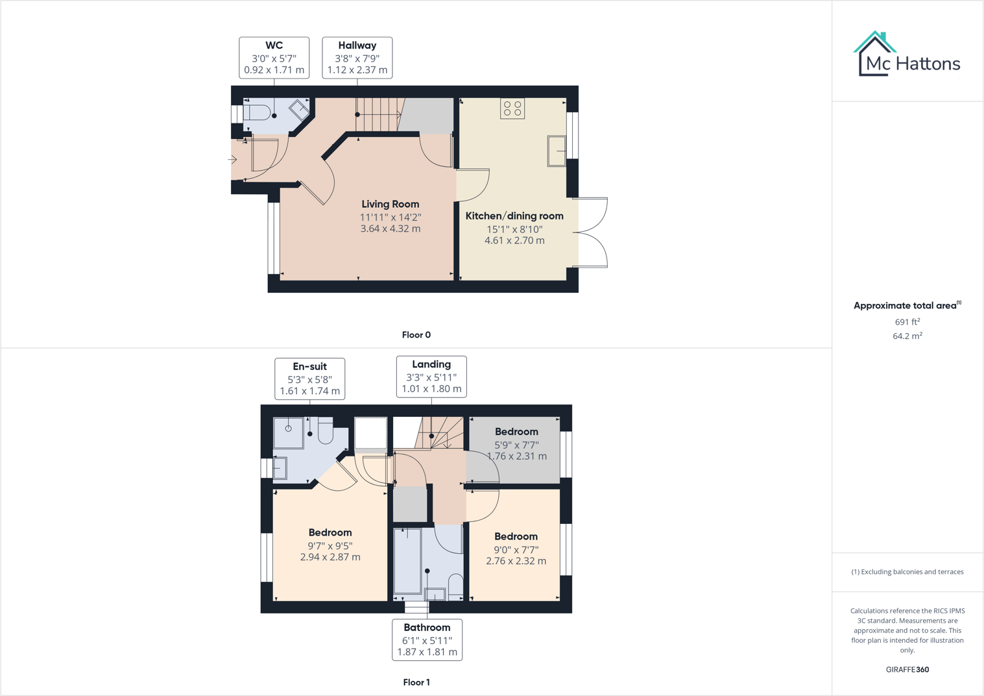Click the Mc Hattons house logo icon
[874, 54]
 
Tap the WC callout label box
[274, 58]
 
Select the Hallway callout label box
[357, 58]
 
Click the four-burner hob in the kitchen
[512, 108]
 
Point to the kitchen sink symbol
[557, 151]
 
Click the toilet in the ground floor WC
[258, 112]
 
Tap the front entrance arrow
[233, 159]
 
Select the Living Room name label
[390, 204]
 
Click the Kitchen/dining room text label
[514, 216]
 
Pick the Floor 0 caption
[416, 335]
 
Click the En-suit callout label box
[309, 379]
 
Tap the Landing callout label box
[431, 377]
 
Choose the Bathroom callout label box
[427, 640]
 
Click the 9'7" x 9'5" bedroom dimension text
[330, 546]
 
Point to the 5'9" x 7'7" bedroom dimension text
[516, 445]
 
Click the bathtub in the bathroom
[407, 561]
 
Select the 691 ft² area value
[907, 322]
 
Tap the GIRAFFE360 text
[907, 669]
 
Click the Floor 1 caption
[416, 682]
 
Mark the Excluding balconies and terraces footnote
[907, 572]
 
